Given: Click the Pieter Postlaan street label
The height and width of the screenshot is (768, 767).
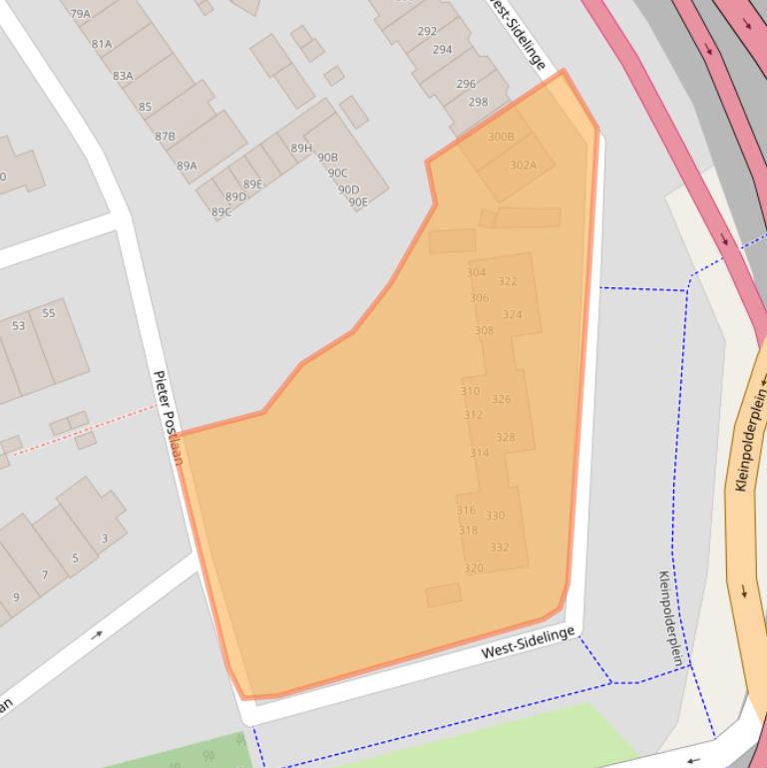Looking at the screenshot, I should click(168, 418).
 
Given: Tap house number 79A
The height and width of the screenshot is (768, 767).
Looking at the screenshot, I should click(80, 14).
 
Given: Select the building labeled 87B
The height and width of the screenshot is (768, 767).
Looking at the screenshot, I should click(166, 136).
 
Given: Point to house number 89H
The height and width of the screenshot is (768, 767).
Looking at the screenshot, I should click(301, 149).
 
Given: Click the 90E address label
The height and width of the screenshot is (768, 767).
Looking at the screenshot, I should click(357, 202).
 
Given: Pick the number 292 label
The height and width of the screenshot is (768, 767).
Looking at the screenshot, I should click(427, 32).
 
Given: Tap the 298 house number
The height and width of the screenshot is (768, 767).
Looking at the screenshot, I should click(478, 102).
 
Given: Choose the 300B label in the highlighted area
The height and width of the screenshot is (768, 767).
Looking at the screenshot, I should click(501, 137).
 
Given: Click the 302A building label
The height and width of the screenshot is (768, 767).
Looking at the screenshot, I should click(523, 166).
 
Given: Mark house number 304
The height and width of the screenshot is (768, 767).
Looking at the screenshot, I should click(476, 272).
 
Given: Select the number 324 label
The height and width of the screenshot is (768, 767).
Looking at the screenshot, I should click(512, 314).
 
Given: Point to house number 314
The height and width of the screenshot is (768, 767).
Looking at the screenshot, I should click(479, 453).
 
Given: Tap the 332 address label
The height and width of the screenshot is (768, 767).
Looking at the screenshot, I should click(499, 547).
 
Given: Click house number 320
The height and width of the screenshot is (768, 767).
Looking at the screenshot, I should click(473, 569).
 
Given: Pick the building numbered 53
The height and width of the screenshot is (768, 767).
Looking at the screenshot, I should click(19, 326).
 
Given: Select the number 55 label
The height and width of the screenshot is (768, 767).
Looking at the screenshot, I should click(48, 313).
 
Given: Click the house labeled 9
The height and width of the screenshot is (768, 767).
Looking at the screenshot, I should click(15, 597).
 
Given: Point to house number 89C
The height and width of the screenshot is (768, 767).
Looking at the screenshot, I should click(220, 212).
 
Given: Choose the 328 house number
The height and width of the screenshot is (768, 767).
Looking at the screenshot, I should click(506, 438).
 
